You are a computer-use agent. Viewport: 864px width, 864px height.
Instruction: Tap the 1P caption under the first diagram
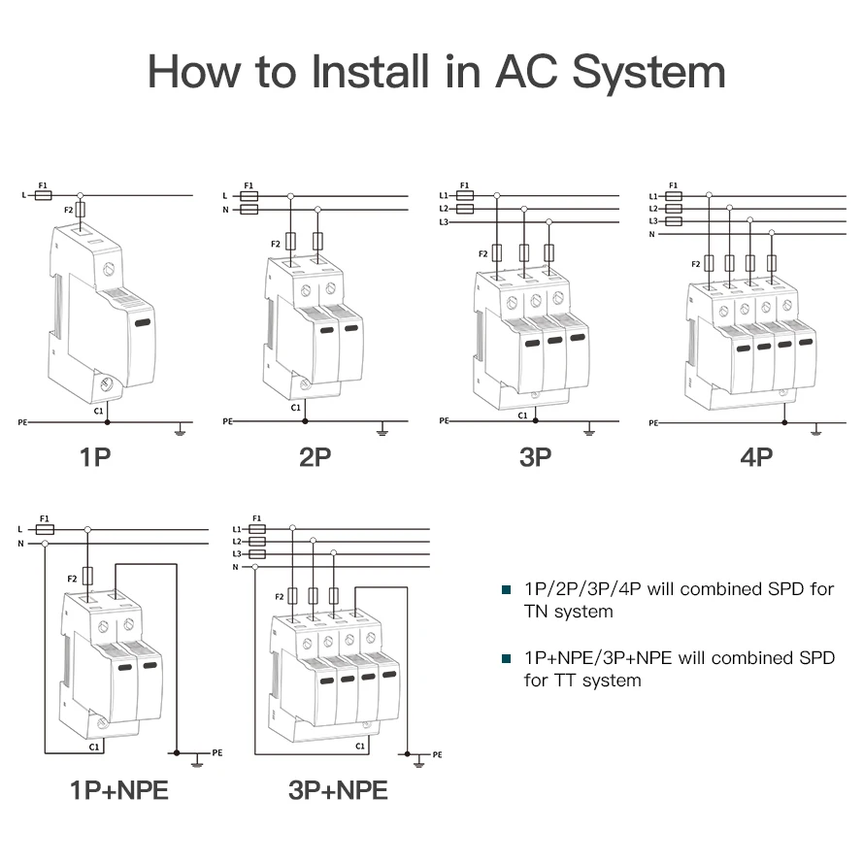point(95,456)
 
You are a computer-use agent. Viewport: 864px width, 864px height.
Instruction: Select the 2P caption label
point(316,456)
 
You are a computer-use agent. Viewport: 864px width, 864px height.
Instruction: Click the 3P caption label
point(535,456)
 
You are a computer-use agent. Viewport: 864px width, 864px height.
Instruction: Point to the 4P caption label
point(756,456)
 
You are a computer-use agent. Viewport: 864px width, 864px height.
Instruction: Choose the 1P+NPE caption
point(118,790)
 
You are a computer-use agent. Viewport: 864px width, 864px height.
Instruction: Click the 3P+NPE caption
point(338,790)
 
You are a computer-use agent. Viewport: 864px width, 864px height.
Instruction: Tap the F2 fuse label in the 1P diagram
point(68,210)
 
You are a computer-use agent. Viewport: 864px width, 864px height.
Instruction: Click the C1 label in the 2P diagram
point(295,408)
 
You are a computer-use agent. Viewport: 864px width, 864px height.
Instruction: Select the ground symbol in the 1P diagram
point(180,427)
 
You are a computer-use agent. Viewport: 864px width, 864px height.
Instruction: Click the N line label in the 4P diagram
point(652,234)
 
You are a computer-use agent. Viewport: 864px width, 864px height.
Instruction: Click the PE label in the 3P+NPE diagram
point(437,754)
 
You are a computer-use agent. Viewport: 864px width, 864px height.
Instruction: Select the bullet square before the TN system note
point(506,590)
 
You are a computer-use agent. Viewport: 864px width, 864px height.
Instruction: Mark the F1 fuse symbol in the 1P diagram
point(43,195)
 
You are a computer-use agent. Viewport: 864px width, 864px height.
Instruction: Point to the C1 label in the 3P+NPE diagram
point(360,746)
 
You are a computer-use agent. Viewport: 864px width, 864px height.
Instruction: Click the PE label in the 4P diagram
point(652,423)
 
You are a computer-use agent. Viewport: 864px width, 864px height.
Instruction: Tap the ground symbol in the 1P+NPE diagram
point(197,758)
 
